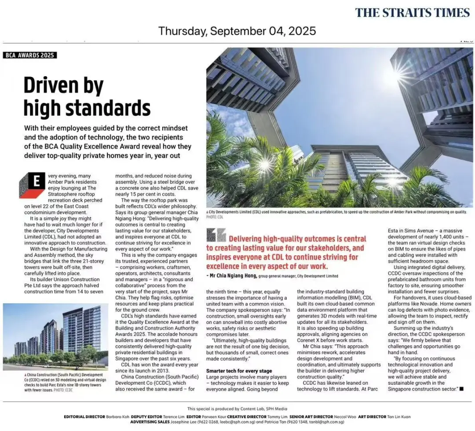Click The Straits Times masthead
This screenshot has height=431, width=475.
[412, 12]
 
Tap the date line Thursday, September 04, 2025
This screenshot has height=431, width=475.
[237, 31]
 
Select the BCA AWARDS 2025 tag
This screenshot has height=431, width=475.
[30, 55]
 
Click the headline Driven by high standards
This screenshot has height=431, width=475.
[87, 96]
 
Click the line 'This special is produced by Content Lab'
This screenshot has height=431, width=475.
[237, 409]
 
